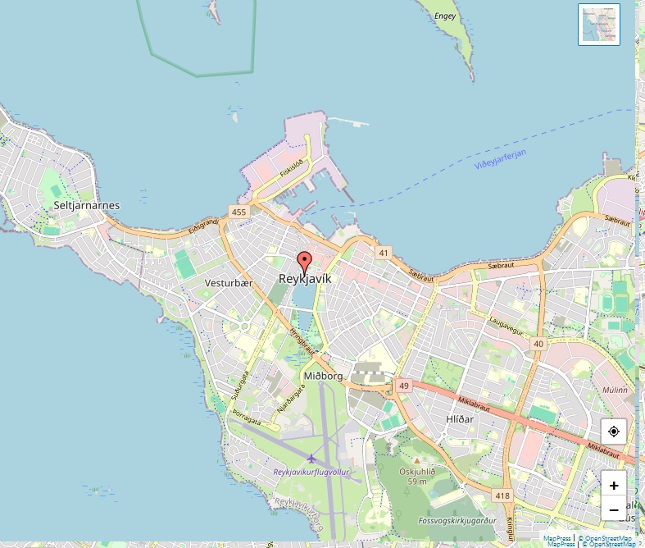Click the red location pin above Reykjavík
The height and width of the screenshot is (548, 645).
pos(305,263)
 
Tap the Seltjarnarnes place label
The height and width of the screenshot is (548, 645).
pos(86,205)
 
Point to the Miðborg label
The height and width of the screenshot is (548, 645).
pos(323,376)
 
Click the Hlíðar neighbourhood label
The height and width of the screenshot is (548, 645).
pos(461,418)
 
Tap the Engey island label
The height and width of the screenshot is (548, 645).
pos(445,16)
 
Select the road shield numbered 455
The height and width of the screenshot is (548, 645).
pos(238,212)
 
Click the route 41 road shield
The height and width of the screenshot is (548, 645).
pos(384,253)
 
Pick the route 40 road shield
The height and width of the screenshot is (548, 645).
pos(538,344)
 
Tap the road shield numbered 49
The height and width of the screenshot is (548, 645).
pos(403,385)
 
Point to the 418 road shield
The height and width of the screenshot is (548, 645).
pos(502,495)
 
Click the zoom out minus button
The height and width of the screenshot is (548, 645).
pos(614,509)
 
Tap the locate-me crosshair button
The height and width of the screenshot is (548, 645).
pos(614,432)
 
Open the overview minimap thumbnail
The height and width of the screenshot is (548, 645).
pos(598,25)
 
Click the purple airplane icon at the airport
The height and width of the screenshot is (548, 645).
pos(311,458)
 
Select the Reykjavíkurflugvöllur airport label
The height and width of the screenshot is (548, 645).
pos(311,473)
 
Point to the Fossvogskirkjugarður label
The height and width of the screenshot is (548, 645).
pos(457,520)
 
